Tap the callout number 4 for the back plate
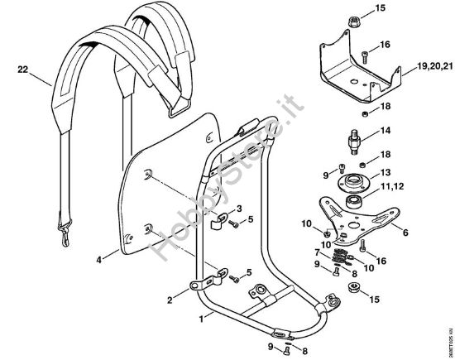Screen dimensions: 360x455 (98, 259)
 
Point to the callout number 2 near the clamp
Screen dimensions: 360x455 (169, 300)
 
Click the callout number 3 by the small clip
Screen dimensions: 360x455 (239, 208)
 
